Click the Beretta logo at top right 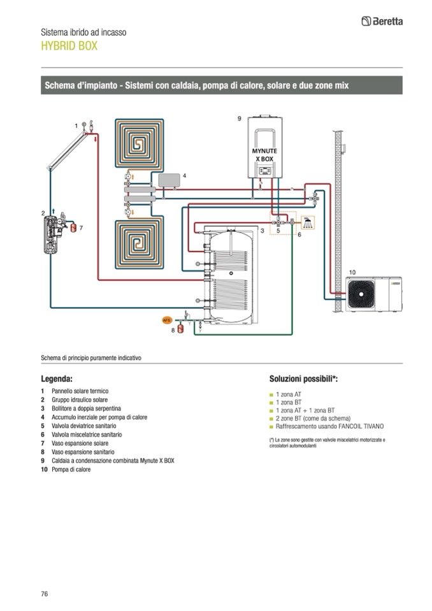[x=382, y=21]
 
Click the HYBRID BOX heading [x=69, y=46]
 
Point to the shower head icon [x=308, y=222]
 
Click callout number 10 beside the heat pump [x=352, y=272]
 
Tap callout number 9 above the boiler [x=239, y=119]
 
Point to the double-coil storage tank [x=231, y=278]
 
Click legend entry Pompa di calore [x=71, y=470]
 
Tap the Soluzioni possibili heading [x=303, y=378]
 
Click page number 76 [x=45, y=594]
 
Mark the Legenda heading [x=61, y=378]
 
